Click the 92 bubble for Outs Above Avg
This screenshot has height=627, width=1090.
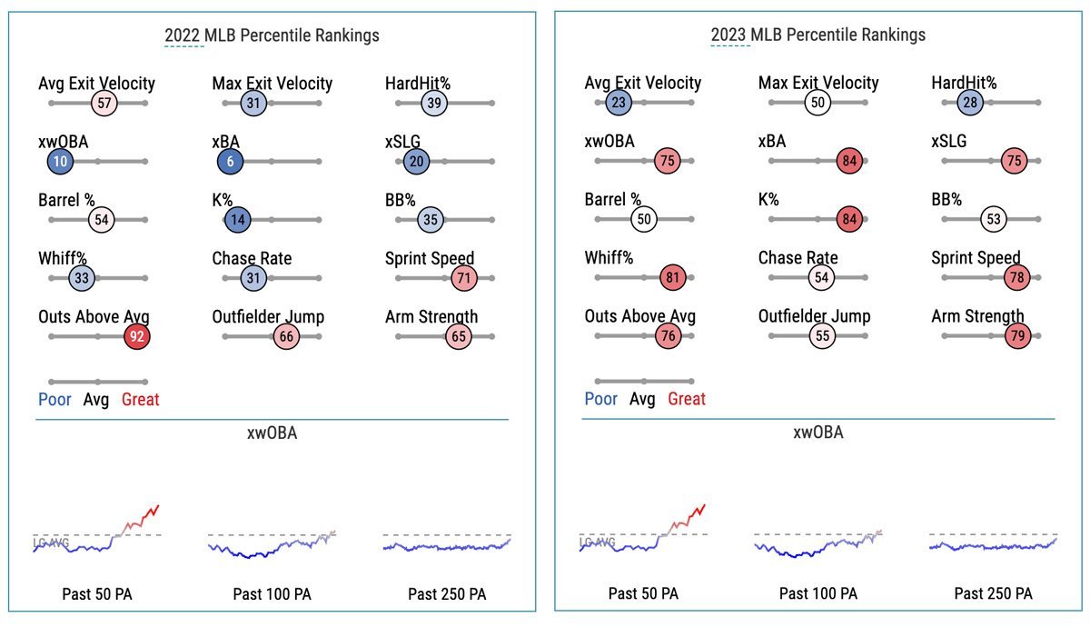[x=137, y=336]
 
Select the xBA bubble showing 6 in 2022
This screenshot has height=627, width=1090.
[x=230, y=162]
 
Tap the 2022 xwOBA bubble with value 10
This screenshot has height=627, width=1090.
[x=60, y=162]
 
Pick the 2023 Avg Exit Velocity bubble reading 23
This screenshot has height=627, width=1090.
[x=619, y=103]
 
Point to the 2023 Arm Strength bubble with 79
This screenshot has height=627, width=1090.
[x=1016, y=336]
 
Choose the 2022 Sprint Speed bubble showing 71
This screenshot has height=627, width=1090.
[x=463, y=278]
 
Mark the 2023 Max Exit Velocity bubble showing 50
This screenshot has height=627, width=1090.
[x=818, y=103]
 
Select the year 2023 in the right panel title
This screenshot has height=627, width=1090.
[x=728, y=35]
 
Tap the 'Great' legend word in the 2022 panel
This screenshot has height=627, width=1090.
[x=140, y=399]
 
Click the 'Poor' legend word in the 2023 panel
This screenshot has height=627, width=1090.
[x=600, y=399]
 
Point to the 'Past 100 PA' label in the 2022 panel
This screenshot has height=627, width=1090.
[x=272, y=594]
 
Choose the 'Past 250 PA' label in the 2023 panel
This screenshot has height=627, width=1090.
[x=993, y=594]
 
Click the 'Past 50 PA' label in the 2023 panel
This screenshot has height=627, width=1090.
[x=643, y=594]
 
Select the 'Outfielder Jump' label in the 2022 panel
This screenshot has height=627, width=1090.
[x=268, y=316]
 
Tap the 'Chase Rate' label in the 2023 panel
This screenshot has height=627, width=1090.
[x=798, y=258]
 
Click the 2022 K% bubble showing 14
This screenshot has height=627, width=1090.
[x=237, y=220]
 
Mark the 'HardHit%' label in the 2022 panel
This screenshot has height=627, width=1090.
[x=418, y=84]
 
